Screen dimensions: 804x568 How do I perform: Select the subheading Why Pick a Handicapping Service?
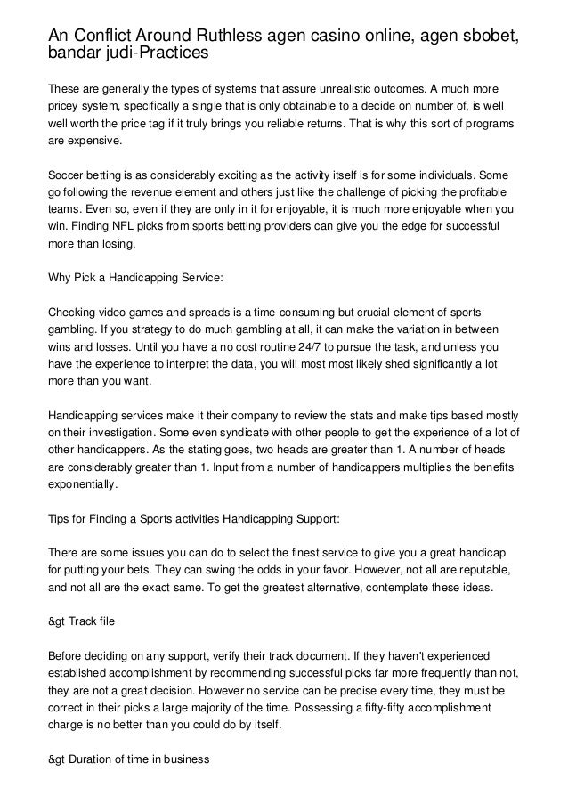pos(135,279)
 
